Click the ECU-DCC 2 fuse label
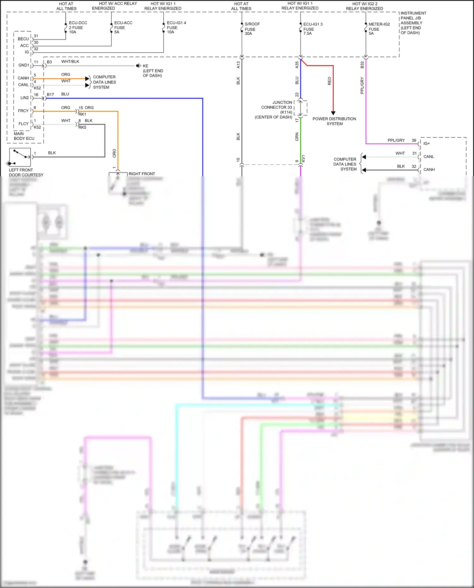78,27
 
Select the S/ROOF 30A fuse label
252,29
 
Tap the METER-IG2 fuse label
379,29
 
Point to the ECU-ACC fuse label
123,27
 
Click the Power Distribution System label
334,121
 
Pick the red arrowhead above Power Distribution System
333,113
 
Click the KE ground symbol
138,66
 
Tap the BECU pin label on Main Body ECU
23,39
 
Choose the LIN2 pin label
24,98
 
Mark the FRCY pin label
23,111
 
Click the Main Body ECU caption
24,136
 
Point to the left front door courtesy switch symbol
20,157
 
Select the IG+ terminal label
427,143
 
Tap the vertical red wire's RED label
330,81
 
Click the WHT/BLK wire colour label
70,62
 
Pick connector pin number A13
238,65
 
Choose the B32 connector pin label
362,65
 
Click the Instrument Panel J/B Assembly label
413,23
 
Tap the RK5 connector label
82,128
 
